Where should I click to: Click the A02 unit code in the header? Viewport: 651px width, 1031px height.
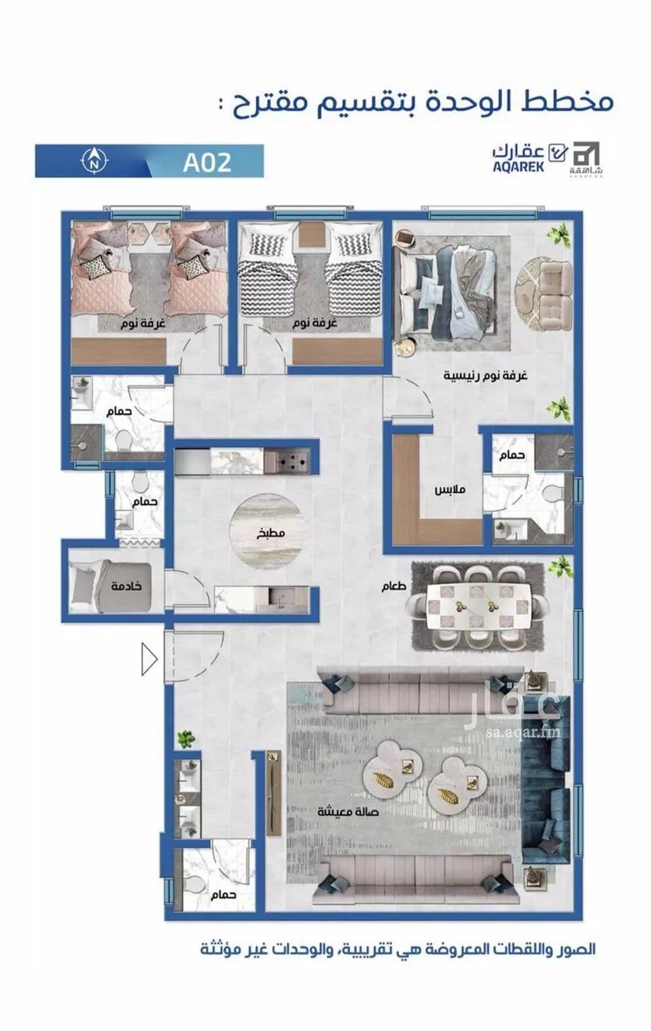pyautogui.click(x=207, y=161)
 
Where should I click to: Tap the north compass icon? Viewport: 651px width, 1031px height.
pyautogui.click(x=95, y=160)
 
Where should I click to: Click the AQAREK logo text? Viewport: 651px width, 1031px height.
pyautogui.click(x=519, y=167)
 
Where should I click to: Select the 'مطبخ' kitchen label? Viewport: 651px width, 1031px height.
pyautogui.click(x=270, y=533)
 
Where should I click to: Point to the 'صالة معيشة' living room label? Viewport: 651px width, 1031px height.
pyautogui.click(x=348, y=811)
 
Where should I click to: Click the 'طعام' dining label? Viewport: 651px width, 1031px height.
pyautogui.click(x=394, y=586)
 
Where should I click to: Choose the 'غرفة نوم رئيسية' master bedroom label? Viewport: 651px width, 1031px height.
pyautogui.click(x=486, y=376)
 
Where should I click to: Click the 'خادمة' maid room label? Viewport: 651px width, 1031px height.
pyautogui.click(x=127, y=585)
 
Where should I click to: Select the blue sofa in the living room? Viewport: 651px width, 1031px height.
pyautogui.click(x=544, y=780)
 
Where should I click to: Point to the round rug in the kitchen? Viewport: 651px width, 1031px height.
pyautogui.click(x=267, y=532)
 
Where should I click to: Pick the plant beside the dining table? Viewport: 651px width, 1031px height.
pyautogui.click(x=560, y=566)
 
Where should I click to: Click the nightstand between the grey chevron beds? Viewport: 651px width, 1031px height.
pyautogui.click(x=312, y=234)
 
